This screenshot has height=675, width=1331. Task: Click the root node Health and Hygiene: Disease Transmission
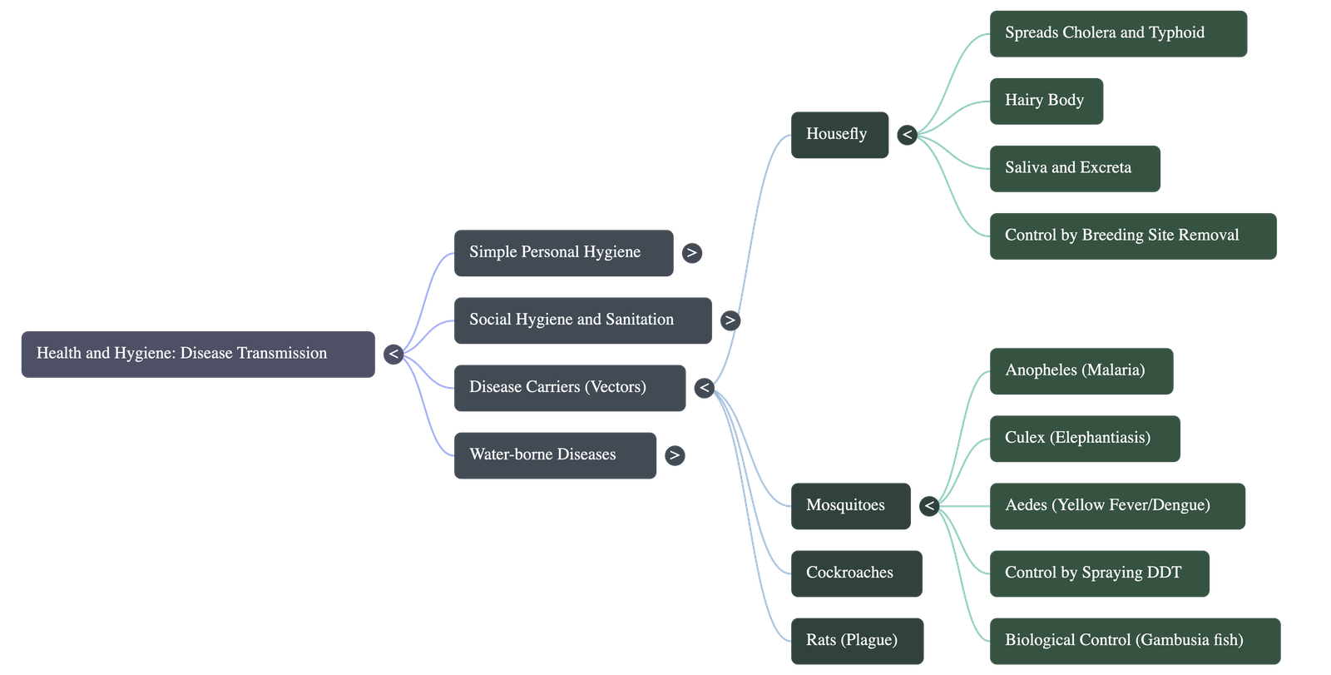[x=197, y=354]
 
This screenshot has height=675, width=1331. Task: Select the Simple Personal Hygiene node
[x=563, y=253]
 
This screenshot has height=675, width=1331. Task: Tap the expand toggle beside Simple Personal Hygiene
[x=691, y=253]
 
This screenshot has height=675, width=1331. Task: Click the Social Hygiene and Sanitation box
[x=582, y=320]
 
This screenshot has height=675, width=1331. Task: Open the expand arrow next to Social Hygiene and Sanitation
[x=730, y=320]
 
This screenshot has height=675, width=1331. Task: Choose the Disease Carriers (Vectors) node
[x=570, y=388]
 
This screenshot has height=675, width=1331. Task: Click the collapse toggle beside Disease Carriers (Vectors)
[x=704, y=388]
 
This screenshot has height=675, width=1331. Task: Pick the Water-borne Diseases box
[x=555, y=455]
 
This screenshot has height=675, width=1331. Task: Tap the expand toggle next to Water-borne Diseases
[x=675, y=455]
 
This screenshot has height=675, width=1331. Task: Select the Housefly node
[x=839, y=135]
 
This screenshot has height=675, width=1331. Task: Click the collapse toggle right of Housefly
[x=907, y=135]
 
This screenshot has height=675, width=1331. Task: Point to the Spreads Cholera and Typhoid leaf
[x=1118, y=33]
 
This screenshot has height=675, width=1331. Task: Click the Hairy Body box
[x=1046, y=102]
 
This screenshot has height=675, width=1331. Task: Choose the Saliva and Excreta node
[x=1075, y=168]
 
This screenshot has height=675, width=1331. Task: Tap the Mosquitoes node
[x=850, y=506]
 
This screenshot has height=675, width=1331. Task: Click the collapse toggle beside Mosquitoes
[x=929, y=506]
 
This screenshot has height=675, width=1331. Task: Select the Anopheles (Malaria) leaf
[x=1081, y=371]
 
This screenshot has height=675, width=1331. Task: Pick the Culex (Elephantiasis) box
[x=1085, y=439]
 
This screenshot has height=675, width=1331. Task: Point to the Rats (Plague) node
[x=857, y=641]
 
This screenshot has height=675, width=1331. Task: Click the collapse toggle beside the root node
[x=393, y=354]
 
